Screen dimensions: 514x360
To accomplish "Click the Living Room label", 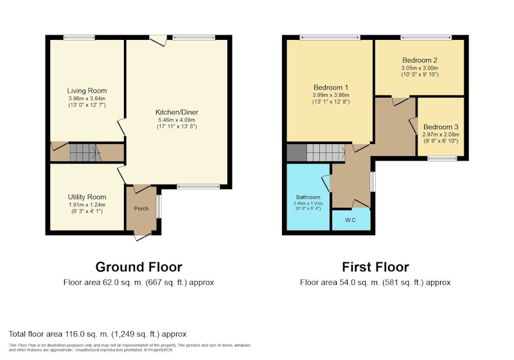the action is (87, 91).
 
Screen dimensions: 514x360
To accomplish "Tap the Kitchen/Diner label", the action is (177, 112).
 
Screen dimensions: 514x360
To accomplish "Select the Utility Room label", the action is (87, 197).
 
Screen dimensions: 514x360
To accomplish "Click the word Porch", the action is (141, 208).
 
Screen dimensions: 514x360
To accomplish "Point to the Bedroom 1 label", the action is (331, 87).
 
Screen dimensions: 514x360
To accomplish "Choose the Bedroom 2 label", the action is (420, 60).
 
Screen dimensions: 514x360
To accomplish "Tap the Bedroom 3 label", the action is (441, 127).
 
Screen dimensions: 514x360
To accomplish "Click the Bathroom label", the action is (308, 197).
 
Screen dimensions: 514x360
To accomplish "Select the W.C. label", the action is (351, 221).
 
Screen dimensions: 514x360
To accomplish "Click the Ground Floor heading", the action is (139, 267).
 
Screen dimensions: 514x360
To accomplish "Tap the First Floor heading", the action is (375, 267).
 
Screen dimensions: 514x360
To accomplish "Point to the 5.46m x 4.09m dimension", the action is (177, 120).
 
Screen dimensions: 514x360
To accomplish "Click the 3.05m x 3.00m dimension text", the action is (420, 68).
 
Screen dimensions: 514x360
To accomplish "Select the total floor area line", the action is (98, 334).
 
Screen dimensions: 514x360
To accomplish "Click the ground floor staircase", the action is (84, 152).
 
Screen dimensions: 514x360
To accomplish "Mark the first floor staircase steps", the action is (326, 152).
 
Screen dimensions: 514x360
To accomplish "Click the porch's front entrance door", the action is (142, 237).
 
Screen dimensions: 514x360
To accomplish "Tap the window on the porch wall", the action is (159, 206).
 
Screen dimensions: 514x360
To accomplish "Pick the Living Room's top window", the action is (79, 37).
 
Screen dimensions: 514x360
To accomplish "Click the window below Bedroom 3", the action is (442, 158).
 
